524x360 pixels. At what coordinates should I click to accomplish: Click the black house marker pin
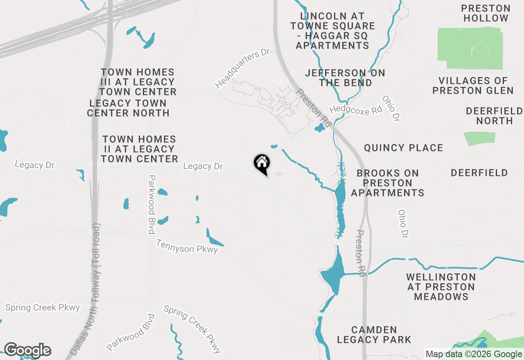[x=262, y=164]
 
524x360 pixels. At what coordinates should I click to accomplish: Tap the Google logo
[x=27, y=350]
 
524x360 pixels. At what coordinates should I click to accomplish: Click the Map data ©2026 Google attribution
[x=474, y=354]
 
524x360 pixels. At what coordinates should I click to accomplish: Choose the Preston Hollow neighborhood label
[x=486, y=13]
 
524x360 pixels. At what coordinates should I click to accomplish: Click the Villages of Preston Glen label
[x=473, y=85]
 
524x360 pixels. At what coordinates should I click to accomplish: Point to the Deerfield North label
[x=494, y=116]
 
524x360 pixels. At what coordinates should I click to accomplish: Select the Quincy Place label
[x=403, y=148]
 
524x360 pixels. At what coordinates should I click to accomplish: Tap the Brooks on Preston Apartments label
[x=387, y=183]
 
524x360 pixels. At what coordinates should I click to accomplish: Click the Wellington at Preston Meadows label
[x=441, y=287]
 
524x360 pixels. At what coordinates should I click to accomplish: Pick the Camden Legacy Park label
[x=374, y=335]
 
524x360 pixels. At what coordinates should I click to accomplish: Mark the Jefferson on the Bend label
[x=345, y=78]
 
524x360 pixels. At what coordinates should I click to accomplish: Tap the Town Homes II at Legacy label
[x=139, y=149]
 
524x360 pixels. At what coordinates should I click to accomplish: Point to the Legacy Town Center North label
[x=128, y=108]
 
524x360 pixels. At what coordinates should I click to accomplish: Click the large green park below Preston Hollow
[x=470, y=48]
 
